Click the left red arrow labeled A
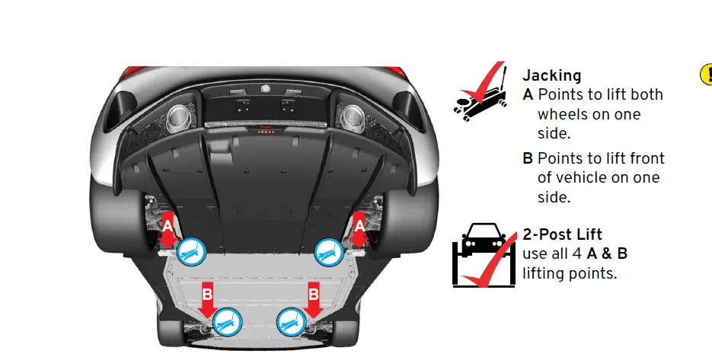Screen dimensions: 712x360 (168, 229)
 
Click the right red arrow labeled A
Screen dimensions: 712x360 (359, 229)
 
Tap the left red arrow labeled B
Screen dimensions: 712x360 (207, 300)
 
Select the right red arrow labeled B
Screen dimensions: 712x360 (313, 300)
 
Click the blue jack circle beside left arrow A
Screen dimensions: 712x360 (191, 252)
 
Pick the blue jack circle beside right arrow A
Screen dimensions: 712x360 (329, 252)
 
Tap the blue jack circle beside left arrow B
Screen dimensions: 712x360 (227, 322)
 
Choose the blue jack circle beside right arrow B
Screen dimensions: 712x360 (292, 322)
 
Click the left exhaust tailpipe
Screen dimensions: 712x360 (178, 117)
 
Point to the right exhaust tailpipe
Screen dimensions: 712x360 (353, 117)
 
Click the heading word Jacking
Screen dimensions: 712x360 (552, 76)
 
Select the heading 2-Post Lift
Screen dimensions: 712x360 (563, 234)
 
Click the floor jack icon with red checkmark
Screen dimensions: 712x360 (481, 91)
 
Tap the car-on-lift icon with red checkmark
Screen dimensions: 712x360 (484, 255)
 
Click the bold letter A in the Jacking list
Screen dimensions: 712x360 (528, 95)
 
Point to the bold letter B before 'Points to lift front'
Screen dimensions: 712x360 (528, 158)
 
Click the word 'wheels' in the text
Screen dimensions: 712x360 (560, 114)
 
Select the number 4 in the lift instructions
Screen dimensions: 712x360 (576, 253)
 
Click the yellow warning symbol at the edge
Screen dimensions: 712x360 (707, 74)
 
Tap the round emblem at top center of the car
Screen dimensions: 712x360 (266, 88)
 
